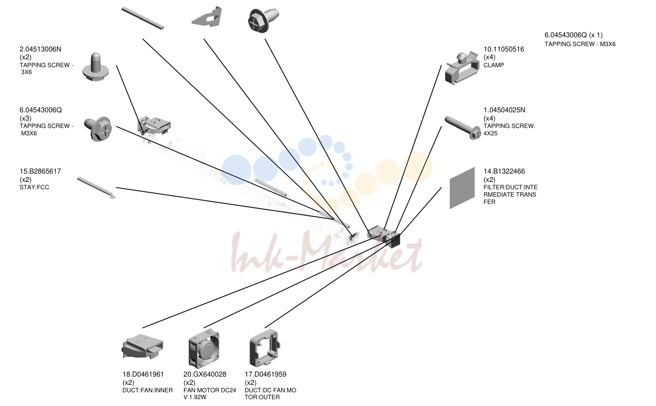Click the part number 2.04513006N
[x=40, y=49]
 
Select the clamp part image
[x=462, y=68]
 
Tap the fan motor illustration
[x=204, y=348]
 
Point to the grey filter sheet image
[x=462, y=188]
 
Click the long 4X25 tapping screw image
[x=462, y=128]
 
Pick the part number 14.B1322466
[x=504, y=171]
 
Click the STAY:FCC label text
[x=34, y=187]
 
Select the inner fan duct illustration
[x=142, y=347]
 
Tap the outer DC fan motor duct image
[x=264, y=348]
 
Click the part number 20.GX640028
[x=205, y=374]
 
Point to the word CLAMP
[x=493, y=65]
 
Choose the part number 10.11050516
[x=504, y=49]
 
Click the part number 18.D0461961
[x=143, y=374]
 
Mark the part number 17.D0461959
[x=265, y=374]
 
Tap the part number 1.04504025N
[x=505, y=110]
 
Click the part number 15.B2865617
[x=40, y=171]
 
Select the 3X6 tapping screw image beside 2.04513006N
[x=96, y=67]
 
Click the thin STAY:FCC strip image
[x=97, y=188]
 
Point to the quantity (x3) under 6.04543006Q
[x=25, y=118]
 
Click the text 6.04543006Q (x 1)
[x=574, y=35]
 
